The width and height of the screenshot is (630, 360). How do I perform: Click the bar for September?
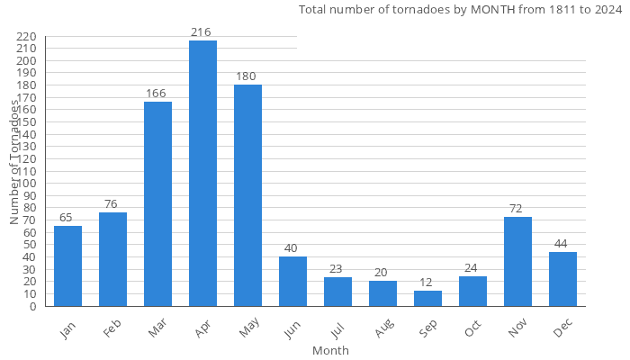[x=427, y=298]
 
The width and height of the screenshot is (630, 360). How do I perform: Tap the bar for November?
[x=517, y=261]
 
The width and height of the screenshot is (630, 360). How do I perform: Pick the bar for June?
[x=292, y=281]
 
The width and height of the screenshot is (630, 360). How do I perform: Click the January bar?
[x=67, y=265]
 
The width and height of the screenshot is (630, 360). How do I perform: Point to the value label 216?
[x=202, y=32]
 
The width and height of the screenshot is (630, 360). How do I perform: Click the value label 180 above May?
[x=247, y=76]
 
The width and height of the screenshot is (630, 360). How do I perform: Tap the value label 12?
[x=427, y=283]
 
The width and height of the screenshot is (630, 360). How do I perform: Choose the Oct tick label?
[x=472, y=329]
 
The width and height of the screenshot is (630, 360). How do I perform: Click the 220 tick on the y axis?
[x=26, y=37]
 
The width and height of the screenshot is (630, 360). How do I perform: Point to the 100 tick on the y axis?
[x=26, y=184]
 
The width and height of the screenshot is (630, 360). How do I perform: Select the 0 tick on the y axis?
[x=32, y=306]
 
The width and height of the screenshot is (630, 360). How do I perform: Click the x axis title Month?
[x=330, y=350]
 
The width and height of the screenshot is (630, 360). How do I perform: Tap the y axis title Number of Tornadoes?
[x=15, y=162]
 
